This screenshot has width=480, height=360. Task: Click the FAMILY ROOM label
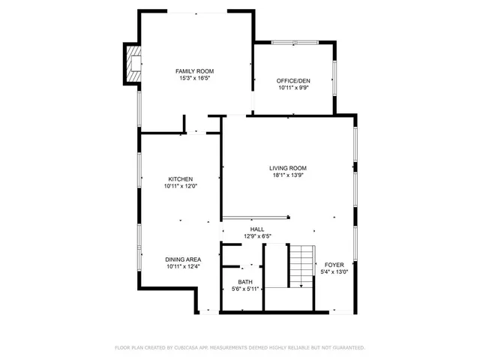(x=189, y=71)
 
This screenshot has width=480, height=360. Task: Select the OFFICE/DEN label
(x=293, y=81)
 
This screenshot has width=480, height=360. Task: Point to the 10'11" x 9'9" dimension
(x=293, y=88)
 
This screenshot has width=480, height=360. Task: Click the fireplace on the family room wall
(x=133, y=64)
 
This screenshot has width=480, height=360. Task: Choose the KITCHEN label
(x=180, y=179)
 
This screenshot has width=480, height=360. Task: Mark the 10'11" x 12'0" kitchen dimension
(x=180, y=186)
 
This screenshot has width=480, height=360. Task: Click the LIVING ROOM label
(x=288, y=168)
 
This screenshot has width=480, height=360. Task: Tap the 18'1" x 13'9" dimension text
(x=288, y=175)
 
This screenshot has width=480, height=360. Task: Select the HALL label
(x=257, y=229)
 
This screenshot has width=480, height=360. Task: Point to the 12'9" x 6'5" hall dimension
(x=257, y=236)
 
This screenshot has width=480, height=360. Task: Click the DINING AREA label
(x=183, y=259)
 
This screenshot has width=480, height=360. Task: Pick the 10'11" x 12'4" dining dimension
(x=183, y=266)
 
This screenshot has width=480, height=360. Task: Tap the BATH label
(x=245, y=282)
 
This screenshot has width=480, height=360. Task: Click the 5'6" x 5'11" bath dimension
(x=245, y=289)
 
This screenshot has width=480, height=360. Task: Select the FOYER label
(x=333, y=265)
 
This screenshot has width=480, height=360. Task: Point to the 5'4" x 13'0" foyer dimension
(x=333, y=271)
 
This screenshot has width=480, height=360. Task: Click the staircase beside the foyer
(x=301, y=266)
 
